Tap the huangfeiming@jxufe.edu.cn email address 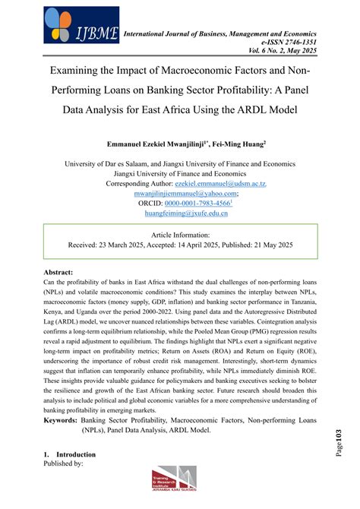pyautogui.click(x=180, y=213)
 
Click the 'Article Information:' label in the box pyautogui.click(x=181, y=236)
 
